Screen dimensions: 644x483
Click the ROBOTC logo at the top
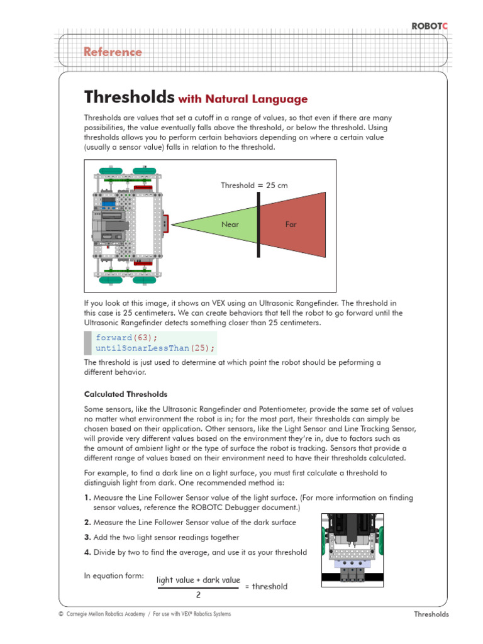(430, 26)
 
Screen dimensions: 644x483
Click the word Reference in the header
(113, 52)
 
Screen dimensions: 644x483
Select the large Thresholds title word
(129, 97)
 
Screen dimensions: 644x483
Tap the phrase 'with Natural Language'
(243, 99)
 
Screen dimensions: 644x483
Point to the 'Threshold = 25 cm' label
(254, 185)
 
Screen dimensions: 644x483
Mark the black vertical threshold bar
(258, 224)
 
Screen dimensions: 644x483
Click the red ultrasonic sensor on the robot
(165, 223)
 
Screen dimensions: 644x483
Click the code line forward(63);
(124, 337)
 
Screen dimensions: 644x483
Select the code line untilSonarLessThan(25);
(155, 348)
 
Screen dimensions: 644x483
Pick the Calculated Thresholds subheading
(126, 394)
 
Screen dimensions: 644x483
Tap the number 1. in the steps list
(87, 497)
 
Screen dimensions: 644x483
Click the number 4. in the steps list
(88, 552)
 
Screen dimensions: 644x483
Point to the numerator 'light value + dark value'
(198, 579)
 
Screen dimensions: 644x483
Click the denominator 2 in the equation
(198, 594)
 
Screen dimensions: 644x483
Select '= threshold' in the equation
(265, 586)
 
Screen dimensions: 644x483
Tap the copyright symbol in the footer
(60, 614)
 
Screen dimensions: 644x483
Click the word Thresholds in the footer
(431, 614)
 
